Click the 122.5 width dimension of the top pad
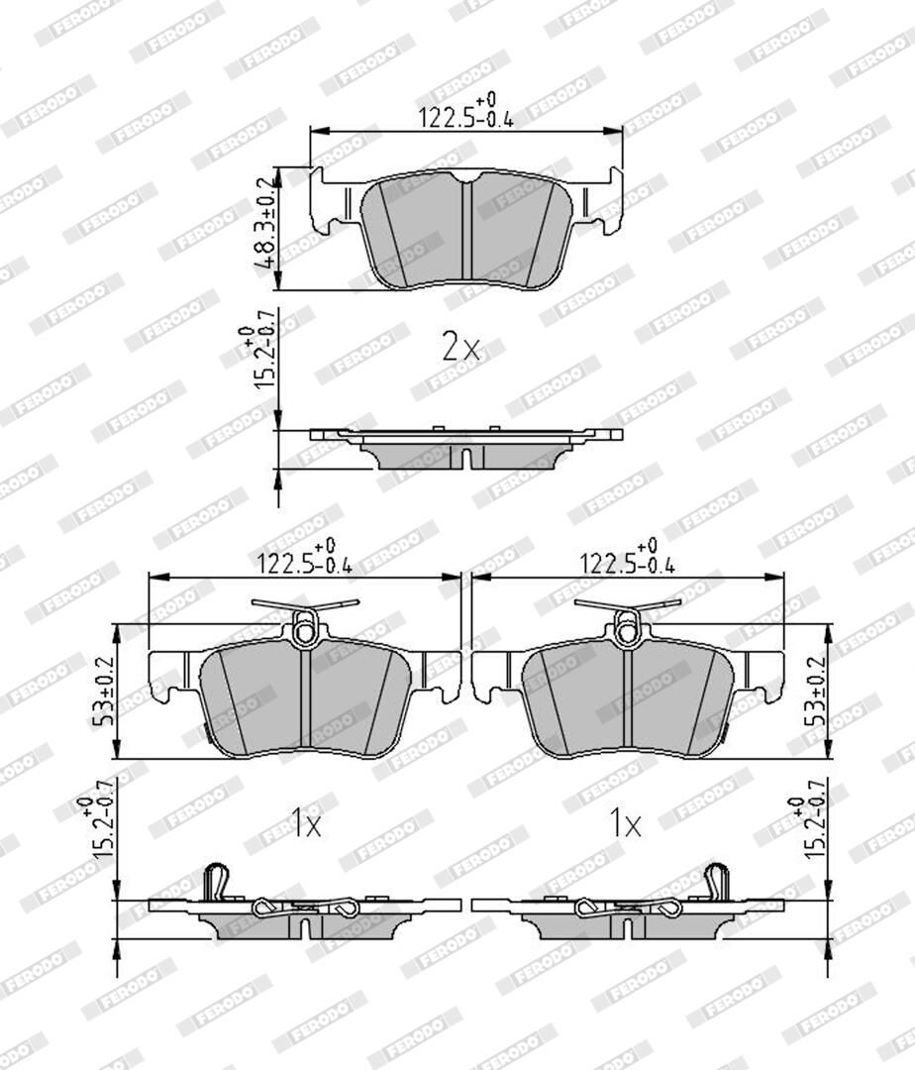(x=465, y=113)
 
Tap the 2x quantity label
(x=460, y=348)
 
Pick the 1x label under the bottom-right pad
(x=625, y=824)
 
